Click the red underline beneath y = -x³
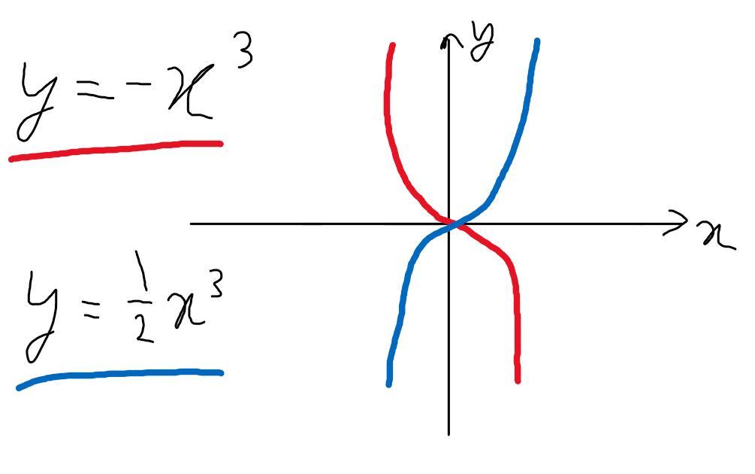pos(116,150)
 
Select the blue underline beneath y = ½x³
pos(120,375)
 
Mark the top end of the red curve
pos(392,47)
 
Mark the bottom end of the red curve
pos(518,380)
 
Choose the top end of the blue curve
pos(537,42)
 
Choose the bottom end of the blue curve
pos(388,382)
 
